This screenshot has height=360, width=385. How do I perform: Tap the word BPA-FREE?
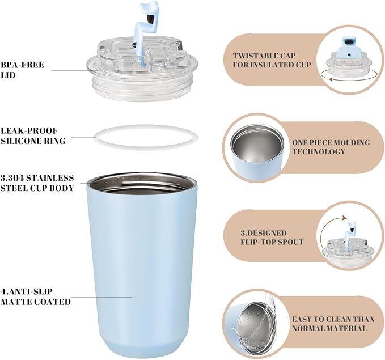click(22, 65)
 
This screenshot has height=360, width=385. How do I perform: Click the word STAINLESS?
click(50, 178)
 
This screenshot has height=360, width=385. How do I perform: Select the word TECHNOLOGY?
click(319, 151)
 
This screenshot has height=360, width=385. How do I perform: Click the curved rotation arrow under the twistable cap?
click(349, 79)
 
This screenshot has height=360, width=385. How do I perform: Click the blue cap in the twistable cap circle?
click(349, 46)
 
